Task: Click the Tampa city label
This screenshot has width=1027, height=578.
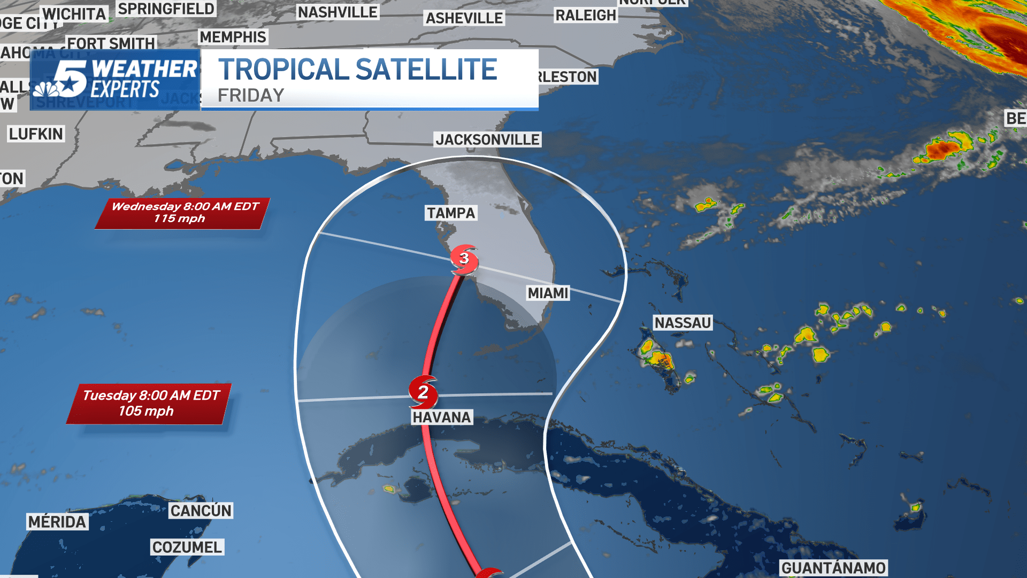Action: click(451, 213)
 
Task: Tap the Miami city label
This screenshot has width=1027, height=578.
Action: click(548, 293)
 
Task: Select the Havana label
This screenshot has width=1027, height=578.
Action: click(442, 417)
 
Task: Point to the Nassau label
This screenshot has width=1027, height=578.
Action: click(683, 323)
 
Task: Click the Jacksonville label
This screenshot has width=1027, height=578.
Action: click(487, 140)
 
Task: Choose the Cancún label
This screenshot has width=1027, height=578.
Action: click(201, 511)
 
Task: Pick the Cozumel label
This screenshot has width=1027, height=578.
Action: click(187, 547)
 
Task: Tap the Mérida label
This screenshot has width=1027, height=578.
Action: click(57, 522)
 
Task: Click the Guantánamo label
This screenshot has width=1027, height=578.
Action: click(833, 568)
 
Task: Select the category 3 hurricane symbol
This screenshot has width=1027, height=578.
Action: click(464, 259)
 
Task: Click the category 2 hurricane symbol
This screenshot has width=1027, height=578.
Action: click(423, 392)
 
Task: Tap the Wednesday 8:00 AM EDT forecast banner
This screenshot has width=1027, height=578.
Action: click(183, 212)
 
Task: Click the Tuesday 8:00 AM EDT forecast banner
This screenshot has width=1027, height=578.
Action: click(149, 403)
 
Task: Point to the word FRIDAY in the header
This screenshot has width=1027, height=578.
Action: click(251, 95)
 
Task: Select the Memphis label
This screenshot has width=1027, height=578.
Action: click(233, 37)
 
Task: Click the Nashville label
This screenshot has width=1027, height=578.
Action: click(338, 12)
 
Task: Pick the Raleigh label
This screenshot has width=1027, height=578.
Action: click(586, 16)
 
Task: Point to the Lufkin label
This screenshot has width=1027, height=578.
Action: click(36, 134)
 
